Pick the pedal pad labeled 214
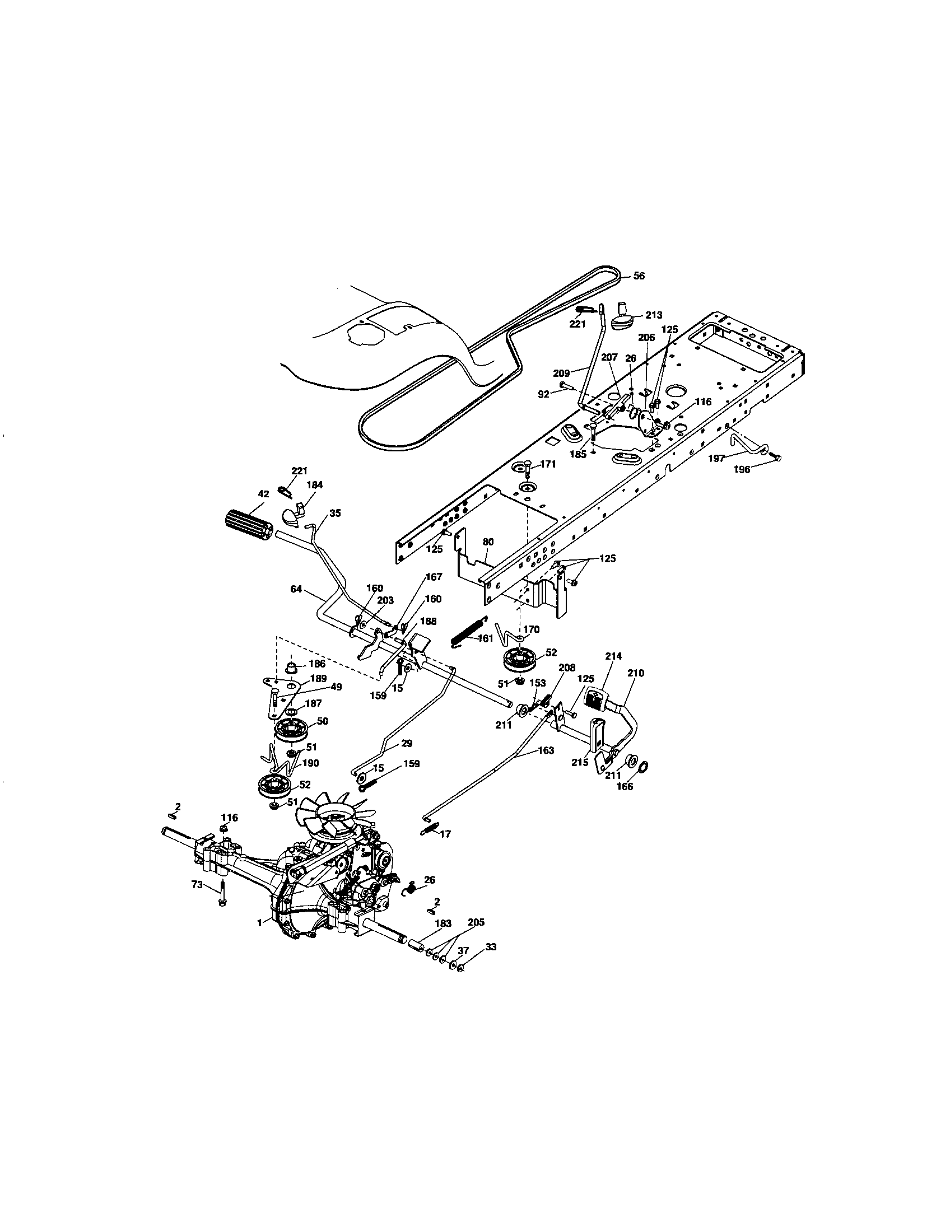[x=595, y=700]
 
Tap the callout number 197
[x=716, y=459]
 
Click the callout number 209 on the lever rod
[x=561, y=372]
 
